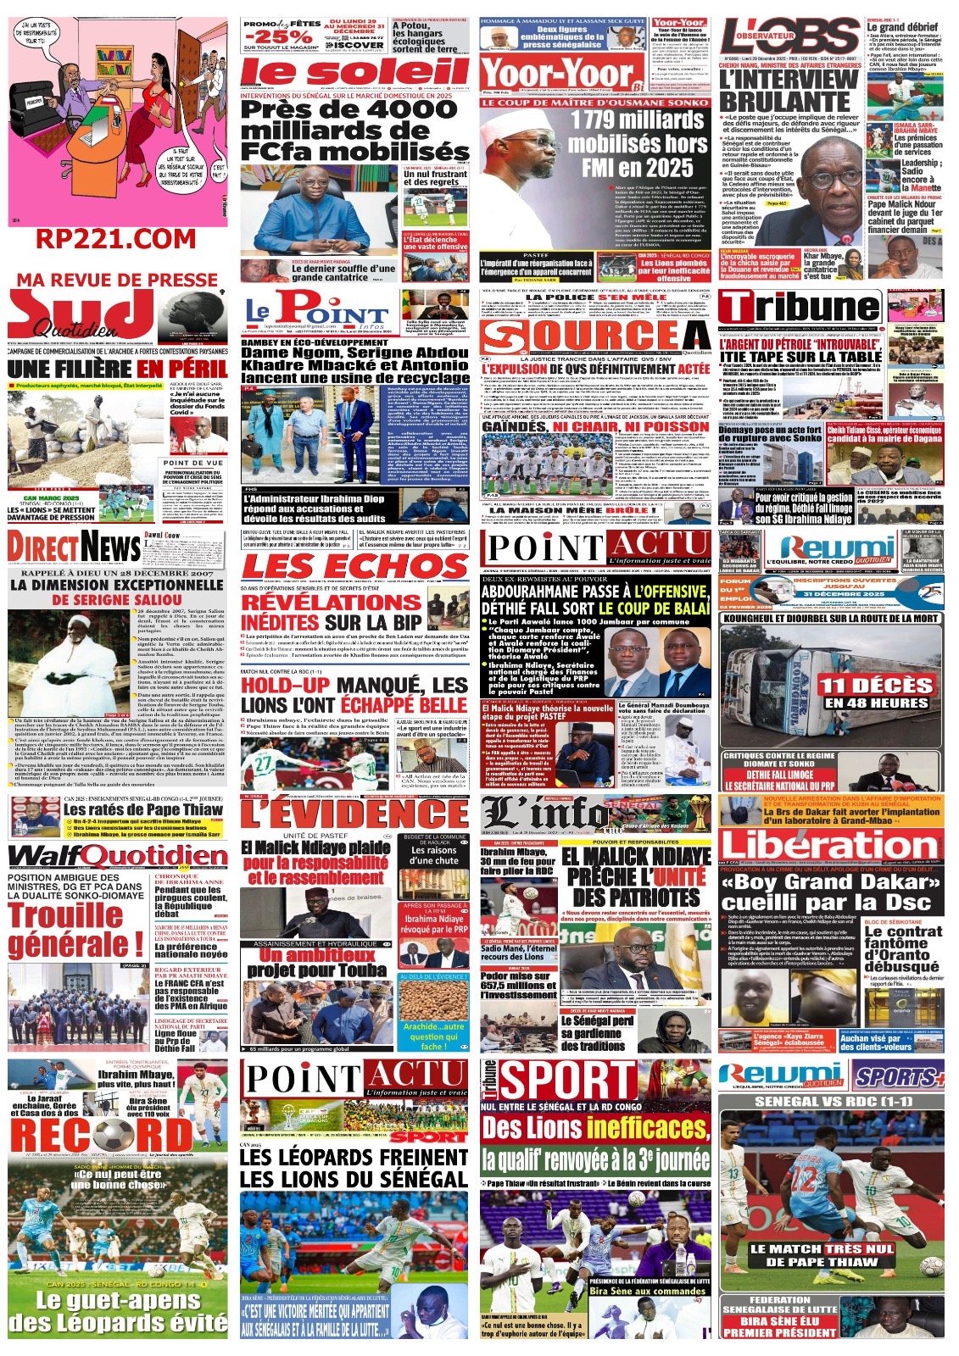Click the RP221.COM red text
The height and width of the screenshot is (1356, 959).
(x=115, y=239)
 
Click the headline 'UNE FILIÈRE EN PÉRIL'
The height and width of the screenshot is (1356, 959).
(x=117, y=369)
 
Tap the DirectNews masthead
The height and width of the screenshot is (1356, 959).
(x=74, y=548)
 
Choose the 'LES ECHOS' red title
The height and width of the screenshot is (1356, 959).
(x=354, y=566)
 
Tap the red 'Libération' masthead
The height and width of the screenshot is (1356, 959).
(x=830, y=845)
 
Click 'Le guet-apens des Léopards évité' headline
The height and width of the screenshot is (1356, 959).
(x=118, y=1312)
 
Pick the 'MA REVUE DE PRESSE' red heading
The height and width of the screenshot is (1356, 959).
(x=117, y=281)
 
